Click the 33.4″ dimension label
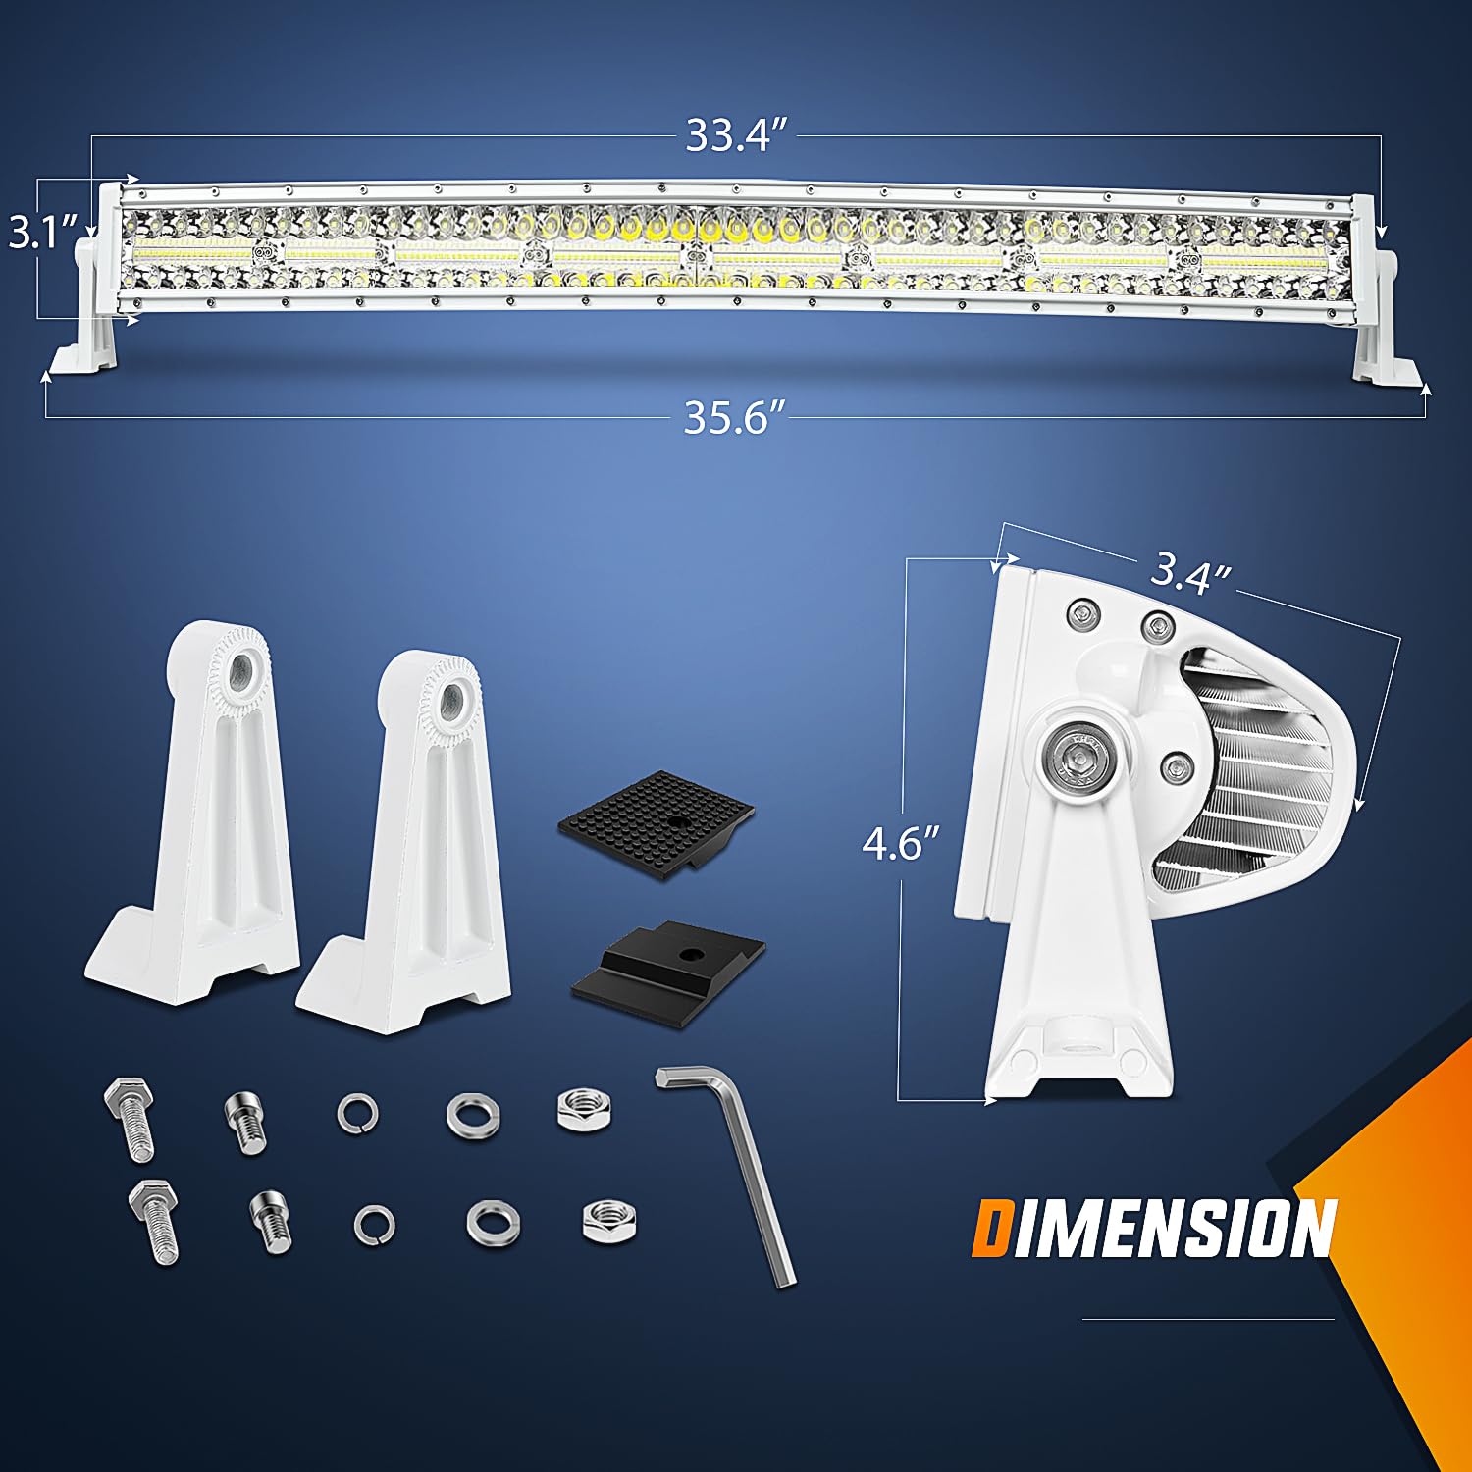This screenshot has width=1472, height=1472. [x=737, y=135]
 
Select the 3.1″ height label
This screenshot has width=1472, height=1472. [x=43, y=235]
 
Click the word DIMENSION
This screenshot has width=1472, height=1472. [x=1153, y=1228]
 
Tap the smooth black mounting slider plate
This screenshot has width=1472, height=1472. [x=669, y=967]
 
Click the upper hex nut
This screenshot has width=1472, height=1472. [x=583, y=1109]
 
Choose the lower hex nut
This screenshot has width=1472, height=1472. [x=608, y=1220]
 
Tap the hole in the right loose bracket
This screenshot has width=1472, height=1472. [x=452, y=700]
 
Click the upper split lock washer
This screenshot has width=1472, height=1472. [x=357, y=1114]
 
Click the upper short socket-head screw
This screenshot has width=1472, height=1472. [x=245, y=1122]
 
